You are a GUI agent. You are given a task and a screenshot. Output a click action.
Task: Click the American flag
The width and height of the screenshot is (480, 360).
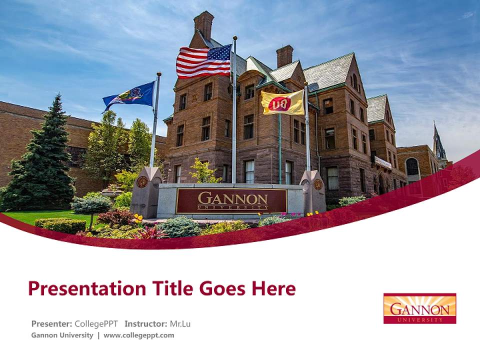(203, 61)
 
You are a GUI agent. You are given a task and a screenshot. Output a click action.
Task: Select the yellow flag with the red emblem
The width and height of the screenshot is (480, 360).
(282, 102)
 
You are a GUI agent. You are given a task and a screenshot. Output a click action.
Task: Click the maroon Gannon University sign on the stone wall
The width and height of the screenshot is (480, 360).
(231, 201)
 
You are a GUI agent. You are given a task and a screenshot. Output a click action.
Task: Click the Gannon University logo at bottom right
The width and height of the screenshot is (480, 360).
(419, 308)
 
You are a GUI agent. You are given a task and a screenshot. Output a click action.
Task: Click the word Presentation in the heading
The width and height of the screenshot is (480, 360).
(83, 288)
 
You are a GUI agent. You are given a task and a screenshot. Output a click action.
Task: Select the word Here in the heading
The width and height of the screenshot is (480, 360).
(273, 288)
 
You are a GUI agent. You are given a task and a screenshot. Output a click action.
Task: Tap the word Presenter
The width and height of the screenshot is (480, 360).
(51, 323)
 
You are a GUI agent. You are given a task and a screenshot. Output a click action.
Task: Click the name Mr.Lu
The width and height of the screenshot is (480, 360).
(180, 323)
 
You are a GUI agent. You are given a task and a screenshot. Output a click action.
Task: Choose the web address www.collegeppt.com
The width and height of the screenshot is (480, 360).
(139, 335)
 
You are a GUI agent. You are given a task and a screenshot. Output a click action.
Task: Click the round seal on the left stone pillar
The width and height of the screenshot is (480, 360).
(142, 182)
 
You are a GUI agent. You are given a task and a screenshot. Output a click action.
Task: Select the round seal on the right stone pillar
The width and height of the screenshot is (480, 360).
(317, 184)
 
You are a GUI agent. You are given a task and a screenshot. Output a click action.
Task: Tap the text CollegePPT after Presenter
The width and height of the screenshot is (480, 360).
(96, 323)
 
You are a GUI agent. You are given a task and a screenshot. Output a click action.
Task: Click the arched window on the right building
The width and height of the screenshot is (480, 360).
(412, 166)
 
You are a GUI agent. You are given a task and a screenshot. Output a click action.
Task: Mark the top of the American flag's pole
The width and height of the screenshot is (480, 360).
(234, 38)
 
